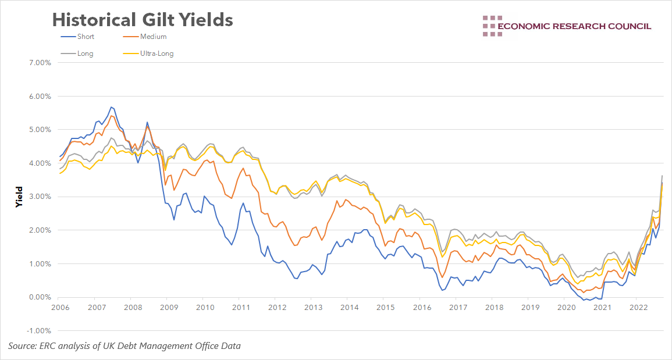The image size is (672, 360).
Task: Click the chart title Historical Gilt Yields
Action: pos(143,20)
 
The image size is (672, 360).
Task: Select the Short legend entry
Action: pos(85,37)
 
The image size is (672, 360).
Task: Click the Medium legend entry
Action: pos(153,37)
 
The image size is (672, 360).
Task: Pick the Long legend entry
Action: pos(84,54)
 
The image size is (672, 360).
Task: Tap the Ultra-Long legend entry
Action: pos(157,54)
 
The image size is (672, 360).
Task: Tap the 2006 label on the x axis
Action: pos(61,307)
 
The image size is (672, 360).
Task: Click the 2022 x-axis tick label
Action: pos(638,307)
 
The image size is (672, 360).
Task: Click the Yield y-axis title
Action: pos(19,197)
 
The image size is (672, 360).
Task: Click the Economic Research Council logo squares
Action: pos(492,26)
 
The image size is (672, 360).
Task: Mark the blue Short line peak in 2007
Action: pos(111,107)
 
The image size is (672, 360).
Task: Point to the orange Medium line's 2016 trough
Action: pos(442,277)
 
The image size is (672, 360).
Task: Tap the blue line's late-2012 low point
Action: pos(297,279)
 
